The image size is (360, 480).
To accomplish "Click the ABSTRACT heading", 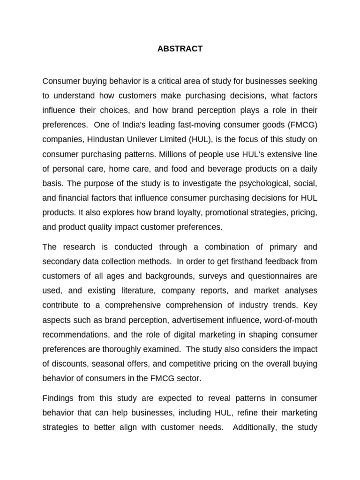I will [180, 49].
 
